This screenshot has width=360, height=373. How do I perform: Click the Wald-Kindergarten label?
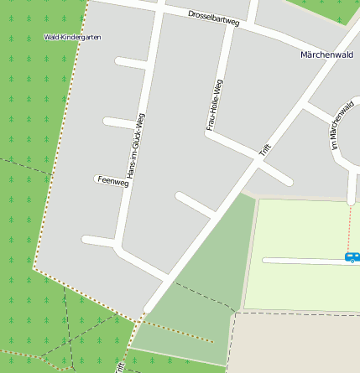pos(72,38)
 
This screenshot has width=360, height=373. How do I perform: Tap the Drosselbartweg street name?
pos(213,18)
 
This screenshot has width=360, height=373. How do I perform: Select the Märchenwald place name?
pos(326,54)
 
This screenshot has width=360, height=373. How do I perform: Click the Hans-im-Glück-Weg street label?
pos(134,146)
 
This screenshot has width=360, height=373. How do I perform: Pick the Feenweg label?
pos(112,180)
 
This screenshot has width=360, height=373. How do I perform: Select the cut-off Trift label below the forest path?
pos(120,366)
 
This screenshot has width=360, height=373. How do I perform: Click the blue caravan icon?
pos(352,257)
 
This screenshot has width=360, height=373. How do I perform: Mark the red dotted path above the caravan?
pos(349,226)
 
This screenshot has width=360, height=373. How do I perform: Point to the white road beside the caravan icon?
pos(302,261)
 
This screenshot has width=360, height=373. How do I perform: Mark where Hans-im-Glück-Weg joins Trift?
pos(164,277)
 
